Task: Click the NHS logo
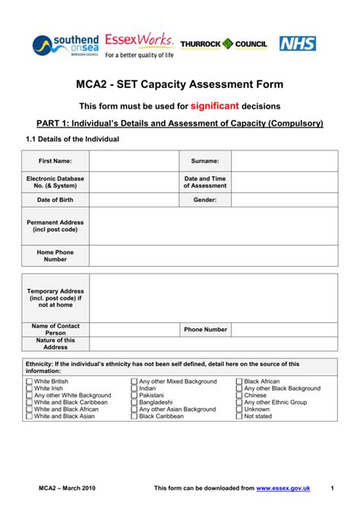[x=298, y=43]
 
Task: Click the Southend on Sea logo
[x=63, y=45]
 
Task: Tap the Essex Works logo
[x=139, y=45]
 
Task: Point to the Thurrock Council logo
[x=223, y=44]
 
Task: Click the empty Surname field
[x=284, y=161]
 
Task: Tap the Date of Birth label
[x=55, y=200]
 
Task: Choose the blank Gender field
[x=284, y=200]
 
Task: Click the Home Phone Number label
[x=55, y=254]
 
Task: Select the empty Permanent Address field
[x=213, y=226]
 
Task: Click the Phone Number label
[x=205, y=330]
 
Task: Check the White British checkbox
[x=28, y=381]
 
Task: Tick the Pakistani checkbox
[x=134, y=395]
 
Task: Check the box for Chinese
[x=239, y=395]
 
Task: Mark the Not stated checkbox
[x=239, y=416]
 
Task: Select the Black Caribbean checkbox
[x=134, y=416]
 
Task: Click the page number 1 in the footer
[x=333, y=487]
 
